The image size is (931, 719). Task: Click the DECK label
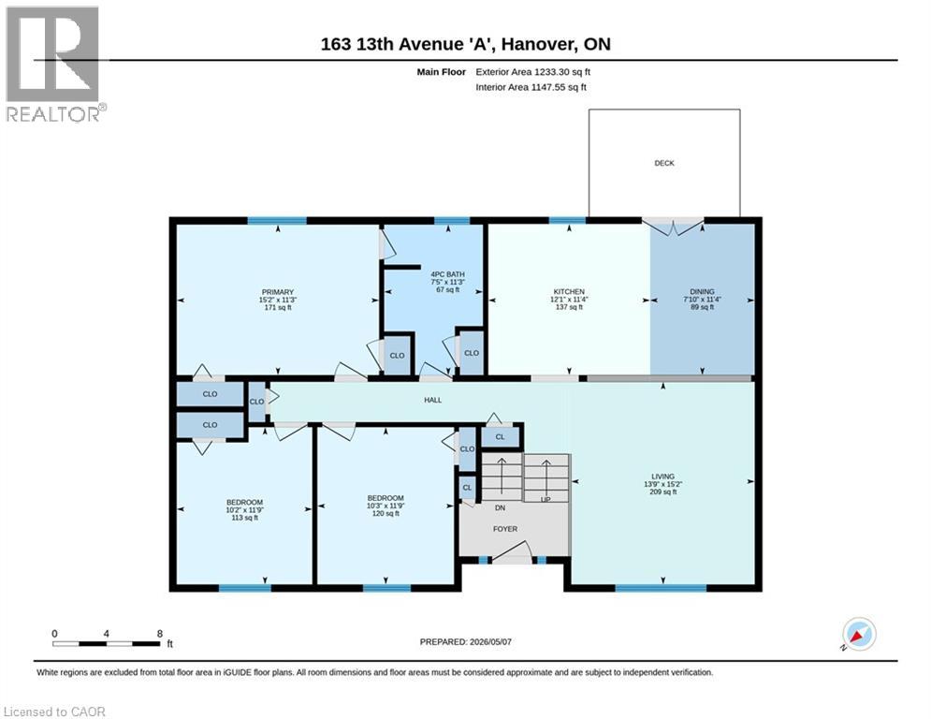pos(663,163)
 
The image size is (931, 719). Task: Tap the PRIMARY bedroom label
pos(278,292)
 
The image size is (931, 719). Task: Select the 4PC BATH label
pos(447,274)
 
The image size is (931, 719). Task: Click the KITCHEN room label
pos(569,292)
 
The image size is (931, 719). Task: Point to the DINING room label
pos(702,292)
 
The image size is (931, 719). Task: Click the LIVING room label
pos(662,477)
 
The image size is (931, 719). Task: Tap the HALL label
pos(433,400)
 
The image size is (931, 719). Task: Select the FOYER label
pos(505,529)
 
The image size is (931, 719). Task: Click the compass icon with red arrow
pos(859,634)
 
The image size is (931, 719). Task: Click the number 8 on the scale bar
pos(160,634)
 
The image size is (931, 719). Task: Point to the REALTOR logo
pos(54,65)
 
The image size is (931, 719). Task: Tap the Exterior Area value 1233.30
pos(553,72)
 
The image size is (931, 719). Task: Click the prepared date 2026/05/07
pos(490,641)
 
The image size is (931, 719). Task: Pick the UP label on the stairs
pos(546,499)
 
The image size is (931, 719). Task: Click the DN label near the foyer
pos(500,508)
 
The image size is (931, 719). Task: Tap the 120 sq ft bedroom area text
pos(385,513)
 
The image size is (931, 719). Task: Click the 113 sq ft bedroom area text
pos(244,518)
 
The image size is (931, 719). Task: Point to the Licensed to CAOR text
pos(54,712)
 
